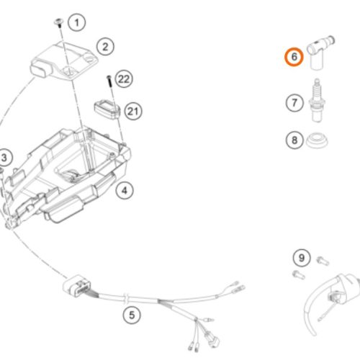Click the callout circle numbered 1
point(76,22)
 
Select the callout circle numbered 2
point(105,47)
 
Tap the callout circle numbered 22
point(124,79)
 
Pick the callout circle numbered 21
point(133,112)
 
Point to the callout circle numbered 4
point(125,191)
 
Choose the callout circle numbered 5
point(132,315)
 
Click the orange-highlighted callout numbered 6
point(294,57)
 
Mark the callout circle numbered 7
point(294,103)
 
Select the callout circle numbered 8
point(294,140)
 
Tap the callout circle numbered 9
point(302,258)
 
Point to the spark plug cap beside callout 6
point(318,52)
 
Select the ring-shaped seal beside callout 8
point(317,141)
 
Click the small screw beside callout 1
point(58,23)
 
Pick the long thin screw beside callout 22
point(109,82)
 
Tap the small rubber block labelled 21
point(107,110)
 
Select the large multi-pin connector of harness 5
point(77,286)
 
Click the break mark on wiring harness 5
point(126,297)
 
